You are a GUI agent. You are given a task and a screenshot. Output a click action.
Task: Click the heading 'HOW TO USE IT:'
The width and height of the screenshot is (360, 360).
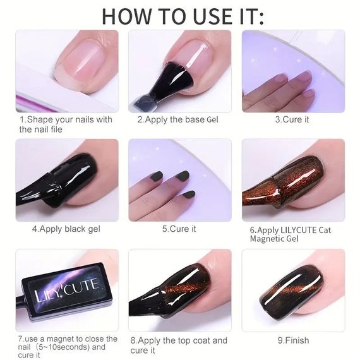[183, 16]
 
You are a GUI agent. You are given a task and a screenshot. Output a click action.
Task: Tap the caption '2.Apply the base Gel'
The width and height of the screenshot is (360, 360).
[178, 119]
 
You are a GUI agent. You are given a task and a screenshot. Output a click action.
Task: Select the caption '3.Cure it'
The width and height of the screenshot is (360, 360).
[292, 119]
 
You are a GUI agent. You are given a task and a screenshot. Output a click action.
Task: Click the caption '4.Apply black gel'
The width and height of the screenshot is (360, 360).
[66, 229]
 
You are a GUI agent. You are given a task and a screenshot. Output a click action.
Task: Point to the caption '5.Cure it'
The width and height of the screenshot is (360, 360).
[179, 229]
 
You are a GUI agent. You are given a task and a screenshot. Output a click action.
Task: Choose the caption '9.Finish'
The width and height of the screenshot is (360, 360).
[293, 340]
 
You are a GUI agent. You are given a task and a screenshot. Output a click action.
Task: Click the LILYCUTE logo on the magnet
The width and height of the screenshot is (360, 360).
[66, 290]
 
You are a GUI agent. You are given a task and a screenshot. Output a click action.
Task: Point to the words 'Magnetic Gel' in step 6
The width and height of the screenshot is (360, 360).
[274, 239]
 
